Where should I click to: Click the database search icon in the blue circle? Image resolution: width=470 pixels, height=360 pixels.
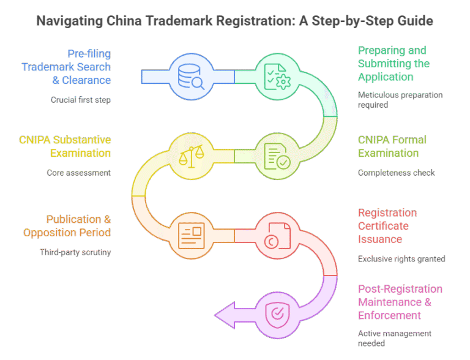tap(190, 76)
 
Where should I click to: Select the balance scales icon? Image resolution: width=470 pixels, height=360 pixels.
tap(190, 156)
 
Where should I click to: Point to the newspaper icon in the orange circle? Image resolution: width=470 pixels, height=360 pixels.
tap(190, 235)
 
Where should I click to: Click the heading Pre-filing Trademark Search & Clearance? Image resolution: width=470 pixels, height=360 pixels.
tap(75, 66)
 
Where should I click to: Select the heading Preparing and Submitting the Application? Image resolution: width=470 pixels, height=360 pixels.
tap(394, 64)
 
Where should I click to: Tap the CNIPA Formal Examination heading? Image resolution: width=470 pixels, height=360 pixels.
tap(392, 146)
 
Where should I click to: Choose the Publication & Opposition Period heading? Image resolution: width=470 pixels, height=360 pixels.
tap(67, 225)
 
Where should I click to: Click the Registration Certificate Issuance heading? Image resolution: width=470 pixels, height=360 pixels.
tap(387, 225)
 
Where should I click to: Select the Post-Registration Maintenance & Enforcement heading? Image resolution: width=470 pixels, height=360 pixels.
tap(400, 302)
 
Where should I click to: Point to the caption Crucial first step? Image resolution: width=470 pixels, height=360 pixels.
tap(80, 99)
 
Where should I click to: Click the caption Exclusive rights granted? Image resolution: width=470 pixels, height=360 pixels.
tap(401, 259)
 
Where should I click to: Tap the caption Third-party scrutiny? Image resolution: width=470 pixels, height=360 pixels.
tap(75, 252)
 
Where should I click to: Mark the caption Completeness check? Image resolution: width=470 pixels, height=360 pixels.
tap(396, 173)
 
